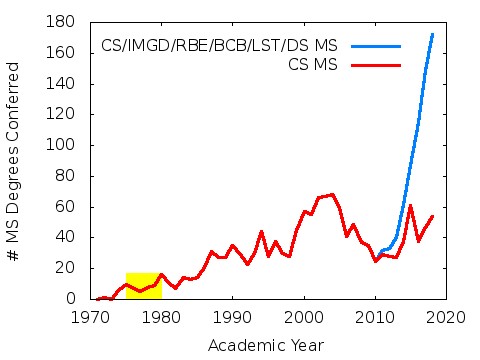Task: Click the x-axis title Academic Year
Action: (265, 345)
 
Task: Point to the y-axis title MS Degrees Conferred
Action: (15, 160)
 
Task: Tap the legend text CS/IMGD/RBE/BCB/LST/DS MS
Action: (219, 46)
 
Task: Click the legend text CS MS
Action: (311, 64)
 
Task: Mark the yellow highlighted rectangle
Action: (143, 285)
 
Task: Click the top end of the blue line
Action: (432, 34)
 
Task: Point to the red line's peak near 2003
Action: (332, 194)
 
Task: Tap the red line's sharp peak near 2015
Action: (411, 206)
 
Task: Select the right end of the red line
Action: (432, 216)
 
